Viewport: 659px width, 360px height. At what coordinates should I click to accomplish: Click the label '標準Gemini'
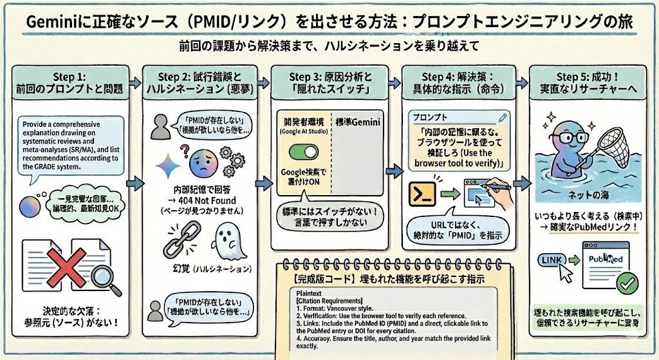(360, 123)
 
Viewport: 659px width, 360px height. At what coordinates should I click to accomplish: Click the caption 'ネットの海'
(585, 194)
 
